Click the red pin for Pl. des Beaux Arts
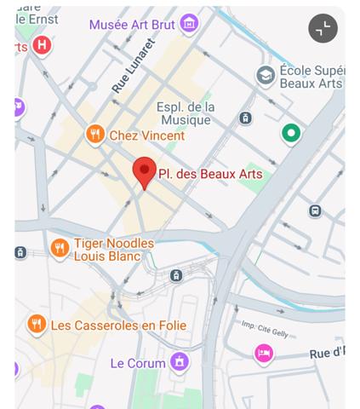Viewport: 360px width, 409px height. [x=145, y=170]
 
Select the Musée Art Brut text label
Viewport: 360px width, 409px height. [x=132, y=25]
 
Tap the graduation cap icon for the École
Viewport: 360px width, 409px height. [x=266, y=77]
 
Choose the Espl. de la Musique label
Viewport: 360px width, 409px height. [x=186, y=113]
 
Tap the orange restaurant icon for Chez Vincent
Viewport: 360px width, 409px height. [x=95, y=135]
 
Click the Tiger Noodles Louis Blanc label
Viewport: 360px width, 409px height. [x=114, y=250]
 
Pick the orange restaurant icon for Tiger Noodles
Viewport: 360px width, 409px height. [x=59, y=249]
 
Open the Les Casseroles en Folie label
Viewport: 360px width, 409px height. [x=118, y=325]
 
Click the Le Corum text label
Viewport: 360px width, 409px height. [x=138, y=364]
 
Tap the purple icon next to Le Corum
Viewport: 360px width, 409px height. [x=180, y=364]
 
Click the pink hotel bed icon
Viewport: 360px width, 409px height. [x=264, y=353]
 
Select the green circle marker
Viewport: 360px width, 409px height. [x=292, y=133]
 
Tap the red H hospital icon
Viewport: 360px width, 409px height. [x=42, y=44]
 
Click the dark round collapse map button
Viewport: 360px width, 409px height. [x=323, y=28]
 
